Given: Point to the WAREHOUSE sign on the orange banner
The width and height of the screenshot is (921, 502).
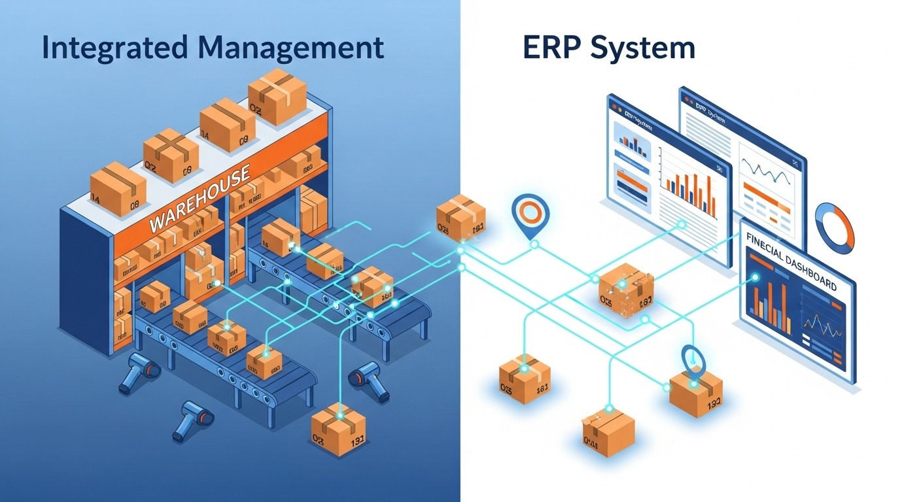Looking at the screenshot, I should [200, 200].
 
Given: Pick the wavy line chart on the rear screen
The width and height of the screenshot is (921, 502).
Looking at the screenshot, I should [765, 171].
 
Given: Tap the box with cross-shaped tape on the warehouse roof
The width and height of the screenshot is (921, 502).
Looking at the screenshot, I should [171, 151].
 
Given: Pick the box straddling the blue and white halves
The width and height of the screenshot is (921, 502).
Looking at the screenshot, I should [461, 217].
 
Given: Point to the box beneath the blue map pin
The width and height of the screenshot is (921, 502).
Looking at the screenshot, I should [695, 392].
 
